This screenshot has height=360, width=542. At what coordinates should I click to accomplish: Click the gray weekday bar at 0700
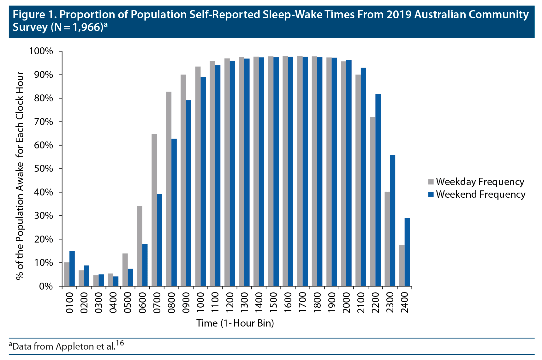point(154,210)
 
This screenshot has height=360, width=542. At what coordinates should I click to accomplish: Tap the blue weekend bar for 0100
point(72,268)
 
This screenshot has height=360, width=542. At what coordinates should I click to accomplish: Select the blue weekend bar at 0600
point(145,265)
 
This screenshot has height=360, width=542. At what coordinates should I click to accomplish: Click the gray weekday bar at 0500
point(125,270)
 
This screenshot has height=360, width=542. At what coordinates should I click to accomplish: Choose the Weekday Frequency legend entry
point(476,182)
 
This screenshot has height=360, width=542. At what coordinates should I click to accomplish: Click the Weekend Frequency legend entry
point(477,194)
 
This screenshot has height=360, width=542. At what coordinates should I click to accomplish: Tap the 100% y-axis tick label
point(41,51)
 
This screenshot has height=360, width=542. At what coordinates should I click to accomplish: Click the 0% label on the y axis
point(46,286)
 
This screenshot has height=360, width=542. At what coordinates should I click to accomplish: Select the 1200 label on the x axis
point(229,303)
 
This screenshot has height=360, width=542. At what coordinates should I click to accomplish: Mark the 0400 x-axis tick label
point(113,303)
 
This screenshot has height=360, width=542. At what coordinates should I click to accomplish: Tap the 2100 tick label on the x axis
point(361,303)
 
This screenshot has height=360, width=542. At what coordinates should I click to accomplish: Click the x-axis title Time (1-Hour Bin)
point(235,323)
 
